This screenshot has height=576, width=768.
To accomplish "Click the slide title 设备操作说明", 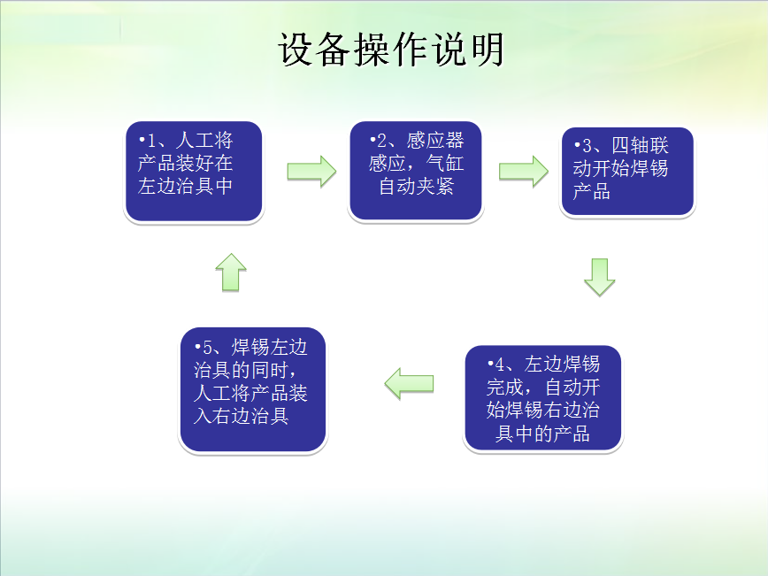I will [x=391, y=50].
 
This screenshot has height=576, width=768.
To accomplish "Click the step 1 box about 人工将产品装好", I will [x=194, y=171].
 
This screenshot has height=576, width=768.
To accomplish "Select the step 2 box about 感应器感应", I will [x=416, y=170].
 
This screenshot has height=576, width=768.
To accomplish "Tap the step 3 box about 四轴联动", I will [x=627, y=172].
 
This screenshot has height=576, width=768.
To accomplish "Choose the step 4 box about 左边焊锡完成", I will [x=542, y=398].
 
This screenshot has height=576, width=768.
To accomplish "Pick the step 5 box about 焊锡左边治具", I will [x=252, y=390].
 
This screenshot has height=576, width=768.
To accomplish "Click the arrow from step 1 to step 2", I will [x=311, y=171].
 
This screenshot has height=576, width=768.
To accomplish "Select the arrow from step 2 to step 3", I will [x=523, y=171].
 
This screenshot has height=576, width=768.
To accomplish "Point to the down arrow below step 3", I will [x=599, y=277].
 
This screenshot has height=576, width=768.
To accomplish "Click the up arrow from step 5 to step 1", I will [x=231, y=272].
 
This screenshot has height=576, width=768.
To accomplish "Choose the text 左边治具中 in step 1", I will [x=185, y=187].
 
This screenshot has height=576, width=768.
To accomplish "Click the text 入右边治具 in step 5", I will [x=241, y=416].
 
